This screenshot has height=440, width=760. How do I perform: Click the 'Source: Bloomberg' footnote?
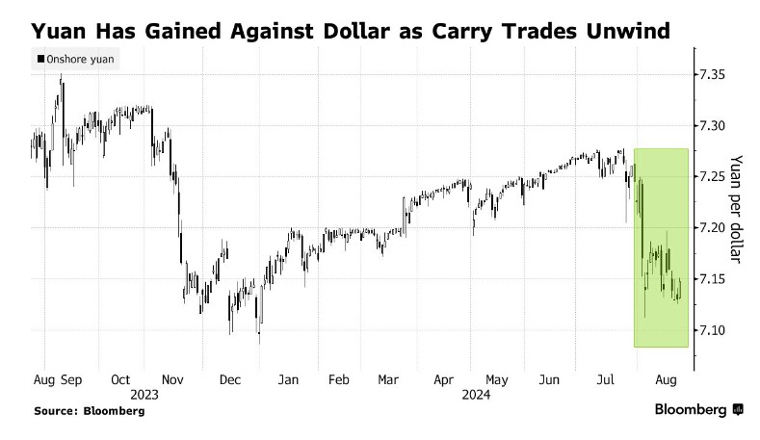coord(89,410)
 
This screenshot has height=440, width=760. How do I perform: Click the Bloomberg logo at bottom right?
coord(698,409)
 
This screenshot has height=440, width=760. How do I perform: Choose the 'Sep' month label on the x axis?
coord(70,380)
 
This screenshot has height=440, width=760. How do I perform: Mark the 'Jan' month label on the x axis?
coord(287,380)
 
